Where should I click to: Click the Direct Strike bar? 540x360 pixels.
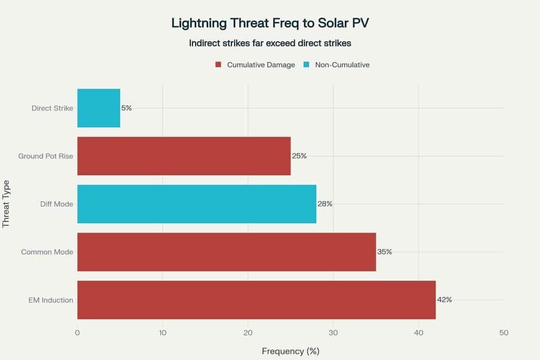[99, 108]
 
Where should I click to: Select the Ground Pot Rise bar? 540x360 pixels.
[184, 156]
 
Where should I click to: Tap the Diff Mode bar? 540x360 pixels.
[197, 204]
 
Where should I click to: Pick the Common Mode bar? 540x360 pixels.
[226, 252]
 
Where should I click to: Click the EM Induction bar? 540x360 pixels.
[256, 300]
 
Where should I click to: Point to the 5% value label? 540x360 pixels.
[127, 108]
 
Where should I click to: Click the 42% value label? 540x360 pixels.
[445, 300]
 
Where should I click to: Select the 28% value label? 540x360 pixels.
[325, 204]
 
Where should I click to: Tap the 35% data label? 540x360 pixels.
[384, 252]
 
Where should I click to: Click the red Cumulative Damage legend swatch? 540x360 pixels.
[218, 65]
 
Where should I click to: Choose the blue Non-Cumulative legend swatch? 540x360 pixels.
[306, 65]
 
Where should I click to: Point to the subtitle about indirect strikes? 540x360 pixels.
[269, 43]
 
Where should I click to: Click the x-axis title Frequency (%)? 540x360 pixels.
[291, 351]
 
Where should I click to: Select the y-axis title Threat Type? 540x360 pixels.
[6, 204]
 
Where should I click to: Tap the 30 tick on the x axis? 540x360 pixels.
[333, 333]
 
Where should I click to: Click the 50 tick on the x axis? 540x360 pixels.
[504, 333]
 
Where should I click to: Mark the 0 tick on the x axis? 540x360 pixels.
[78, 333]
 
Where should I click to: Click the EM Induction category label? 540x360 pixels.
[51, 300]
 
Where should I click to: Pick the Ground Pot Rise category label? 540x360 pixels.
[46, 156]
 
